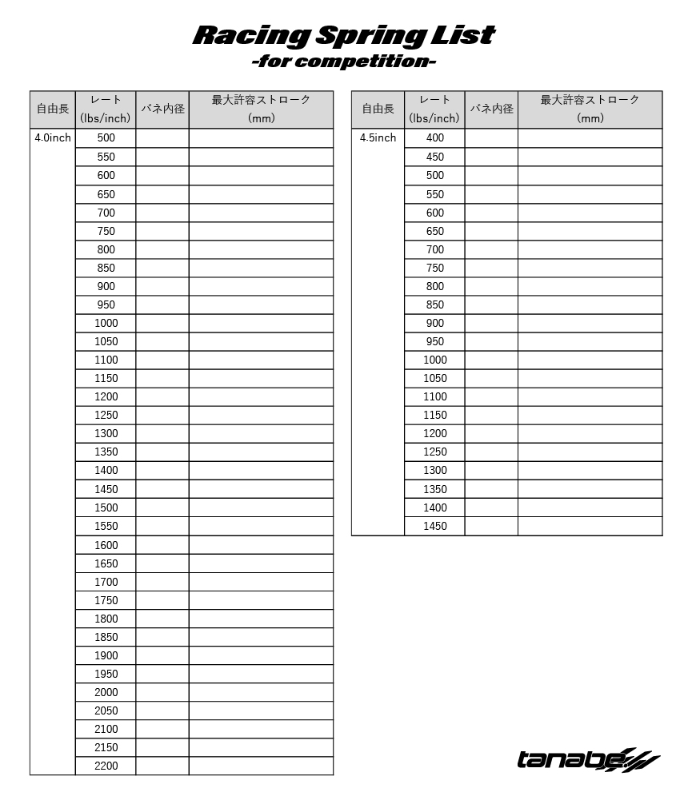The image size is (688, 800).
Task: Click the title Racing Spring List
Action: click(344, 35)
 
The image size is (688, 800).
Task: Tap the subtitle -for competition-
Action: click(344, 62)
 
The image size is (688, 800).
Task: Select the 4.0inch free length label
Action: click(53, 137)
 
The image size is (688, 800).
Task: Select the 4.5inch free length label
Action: click(378, 137)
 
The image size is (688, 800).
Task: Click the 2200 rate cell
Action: click(106, 766)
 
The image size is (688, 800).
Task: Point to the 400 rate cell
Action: click(434, 137)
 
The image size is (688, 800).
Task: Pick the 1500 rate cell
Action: click(106, 507)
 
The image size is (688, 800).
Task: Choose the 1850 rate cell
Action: click(106, 637)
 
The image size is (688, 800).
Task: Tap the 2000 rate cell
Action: click(106, 692)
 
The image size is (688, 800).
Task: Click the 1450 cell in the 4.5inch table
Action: click(434, 526)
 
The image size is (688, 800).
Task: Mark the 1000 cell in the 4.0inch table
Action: click(106, 323)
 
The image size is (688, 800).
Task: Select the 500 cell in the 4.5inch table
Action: click(434, 175)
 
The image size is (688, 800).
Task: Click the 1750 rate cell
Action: click(106, 600)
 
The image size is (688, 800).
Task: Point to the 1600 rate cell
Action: click(106, 545)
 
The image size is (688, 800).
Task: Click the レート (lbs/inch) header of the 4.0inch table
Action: click(106, 109)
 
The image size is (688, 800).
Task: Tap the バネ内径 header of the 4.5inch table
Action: click(491, 109)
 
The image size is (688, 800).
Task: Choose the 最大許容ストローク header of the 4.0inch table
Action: click(261, 109)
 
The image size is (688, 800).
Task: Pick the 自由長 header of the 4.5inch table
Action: click(378, 109)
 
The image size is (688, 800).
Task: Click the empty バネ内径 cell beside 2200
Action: click(162, 766)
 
